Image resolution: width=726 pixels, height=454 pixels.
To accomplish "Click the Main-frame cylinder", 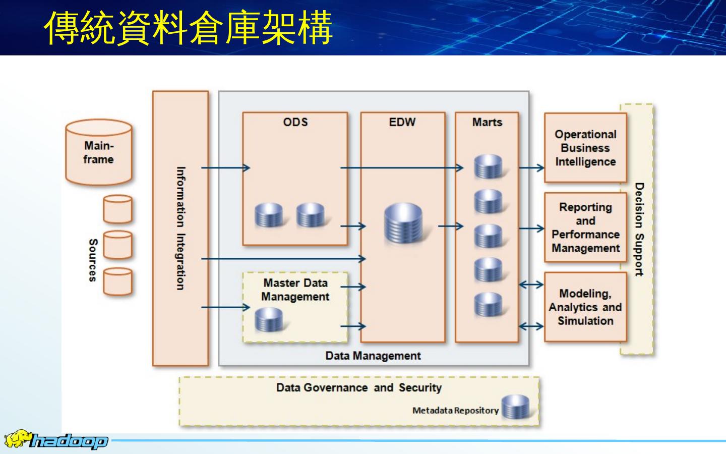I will pyautogui.click(x=98, y=152).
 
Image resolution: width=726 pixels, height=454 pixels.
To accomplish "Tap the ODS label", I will pyautogui.click(x=295, y=122).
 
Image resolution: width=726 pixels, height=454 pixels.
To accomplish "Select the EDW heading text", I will pyautogui.click(x=402, y=122).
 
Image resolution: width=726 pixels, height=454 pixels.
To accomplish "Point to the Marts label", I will pyautogui.click(x=487, y=122).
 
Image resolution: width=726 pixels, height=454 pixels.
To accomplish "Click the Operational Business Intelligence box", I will pyautogui.click(x=585, y=148).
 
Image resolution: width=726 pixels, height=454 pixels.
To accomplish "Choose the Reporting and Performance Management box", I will pyautogui.click(x=585, y=228).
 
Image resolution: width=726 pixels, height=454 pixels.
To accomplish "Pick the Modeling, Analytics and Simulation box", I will pyautogui.click(x=585, y=307).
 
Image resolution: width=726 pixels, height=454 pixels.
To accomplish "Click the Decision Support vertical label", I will pyautogui.click(x=639, y=230).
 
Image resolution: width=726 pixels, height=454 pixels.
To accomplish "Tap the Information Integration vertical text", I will pyautogui.click(x=180, y=228).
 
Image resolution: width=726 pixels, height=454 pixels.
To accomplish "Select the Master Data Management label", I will pyautogui.click(x=295, y=290).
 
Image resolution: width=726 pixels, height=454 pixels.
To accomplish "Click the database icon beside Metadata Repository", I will pyautogui.click(x=515, y=407).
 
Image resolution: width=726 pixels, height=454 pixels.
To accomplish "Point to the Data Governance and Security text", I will pyautogui.click(x=358, y=387).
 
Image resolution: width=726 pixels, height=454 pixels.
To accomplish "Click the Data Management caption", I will pyautogui.click(x=373, y=356).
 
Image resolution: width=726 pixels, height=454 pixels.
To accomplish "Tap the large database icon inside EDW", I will pyautogui.click(x=403, y=222).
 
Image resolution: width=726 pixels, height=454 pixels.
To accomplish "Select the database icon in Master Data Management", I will pyautogui.click(x=268, y=320).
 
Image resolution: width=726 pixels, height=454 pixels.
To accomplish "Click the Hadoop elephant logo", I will pyautogui.click(x=17, y=439).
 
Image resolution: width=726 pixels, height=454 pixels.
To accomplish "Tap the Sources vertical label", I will pyautogui.click(x=93, y=260).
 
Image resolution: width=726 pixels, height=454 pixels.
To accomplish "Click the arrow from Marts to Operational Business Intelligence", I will pyautogui.click(x=531, y=167).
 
